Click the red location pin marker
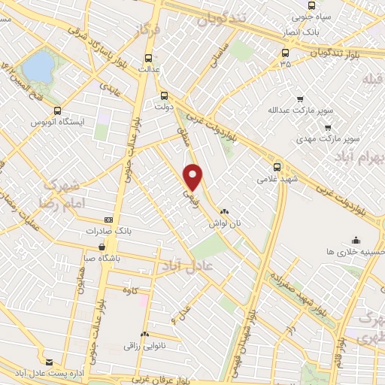pyautogui.click(x=194, y=176)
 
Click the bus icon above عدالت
pyautogui.click(x=148, y=57)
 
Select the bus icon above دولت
pyautogui.click(x=165, y=95)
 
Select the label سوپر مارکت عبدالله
pyautogui.click(x=300, y=111)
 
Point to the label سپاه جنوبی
pyautogui.click(x=306, y=14)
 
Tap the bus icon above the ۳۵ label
pyautogui.click(x=285, y=53)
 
